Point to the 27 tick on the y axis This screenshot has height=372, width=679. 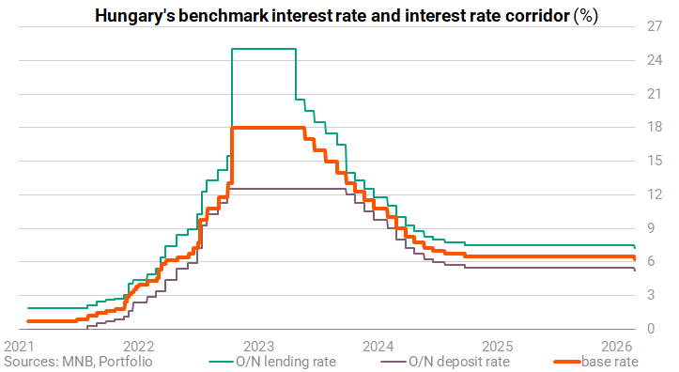655,26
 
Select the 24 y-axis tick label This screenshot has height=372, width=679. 655,60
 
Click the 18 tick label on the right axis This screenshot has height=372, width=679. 655,127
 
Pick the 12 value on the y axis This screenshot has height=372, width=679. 655,194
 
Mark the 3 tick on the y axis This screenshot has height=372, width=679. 651,295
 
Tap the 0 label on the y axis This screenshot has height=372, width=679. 651,329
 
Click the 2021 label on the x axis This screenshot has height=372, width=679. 19,347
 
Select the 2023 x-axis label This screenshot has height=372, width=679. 258,347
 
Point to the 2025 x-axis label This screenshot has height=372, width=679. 498,347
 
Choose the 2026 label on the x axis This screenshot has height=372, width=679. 617,347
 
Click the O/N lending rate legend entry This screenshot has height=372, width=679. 272,361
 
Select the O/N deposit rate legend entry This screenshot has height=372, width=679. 445,361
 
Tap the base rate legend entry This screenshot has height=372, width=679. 595,361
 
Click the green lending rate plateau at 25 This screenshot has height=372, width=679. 264,49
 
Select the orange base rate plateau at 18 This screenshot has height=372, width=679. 268,128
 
